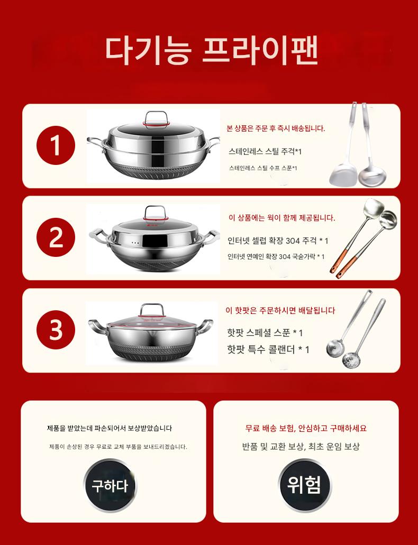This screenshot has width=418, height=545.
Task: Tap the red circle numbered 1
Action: coord(56,146)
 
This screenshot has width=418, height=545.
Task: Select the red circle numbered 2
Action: coord(56,238)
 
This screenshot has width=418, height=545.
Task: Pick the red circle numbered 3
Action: coord(56,330)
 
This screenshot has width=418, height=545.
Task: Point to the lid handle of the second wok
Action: coord(155,213)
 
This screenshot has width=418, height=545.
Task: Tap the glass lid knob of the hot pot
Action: coord(152,310)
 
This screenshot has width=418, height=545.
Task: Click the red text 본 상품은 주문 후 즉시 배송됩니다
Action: coord(276,128)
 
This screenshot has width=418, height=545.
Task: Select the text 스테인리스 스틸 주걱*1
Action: coord(265,151)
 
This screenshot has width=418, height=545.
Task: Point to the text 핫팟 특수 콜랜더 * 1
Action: coord(268,349)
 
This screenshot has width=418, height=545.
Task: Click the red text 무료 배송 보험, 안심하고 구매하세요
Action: coord(306,428)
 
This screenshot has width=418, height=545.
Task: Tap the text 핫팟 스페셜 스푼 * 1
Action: coord(265,332)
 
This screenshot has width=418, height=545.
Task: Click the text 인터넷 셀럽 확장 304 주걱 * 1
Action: coord(278,241)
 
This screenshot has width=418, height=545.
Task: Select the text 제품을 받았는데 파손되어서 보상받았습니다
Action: coord(110,428)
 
